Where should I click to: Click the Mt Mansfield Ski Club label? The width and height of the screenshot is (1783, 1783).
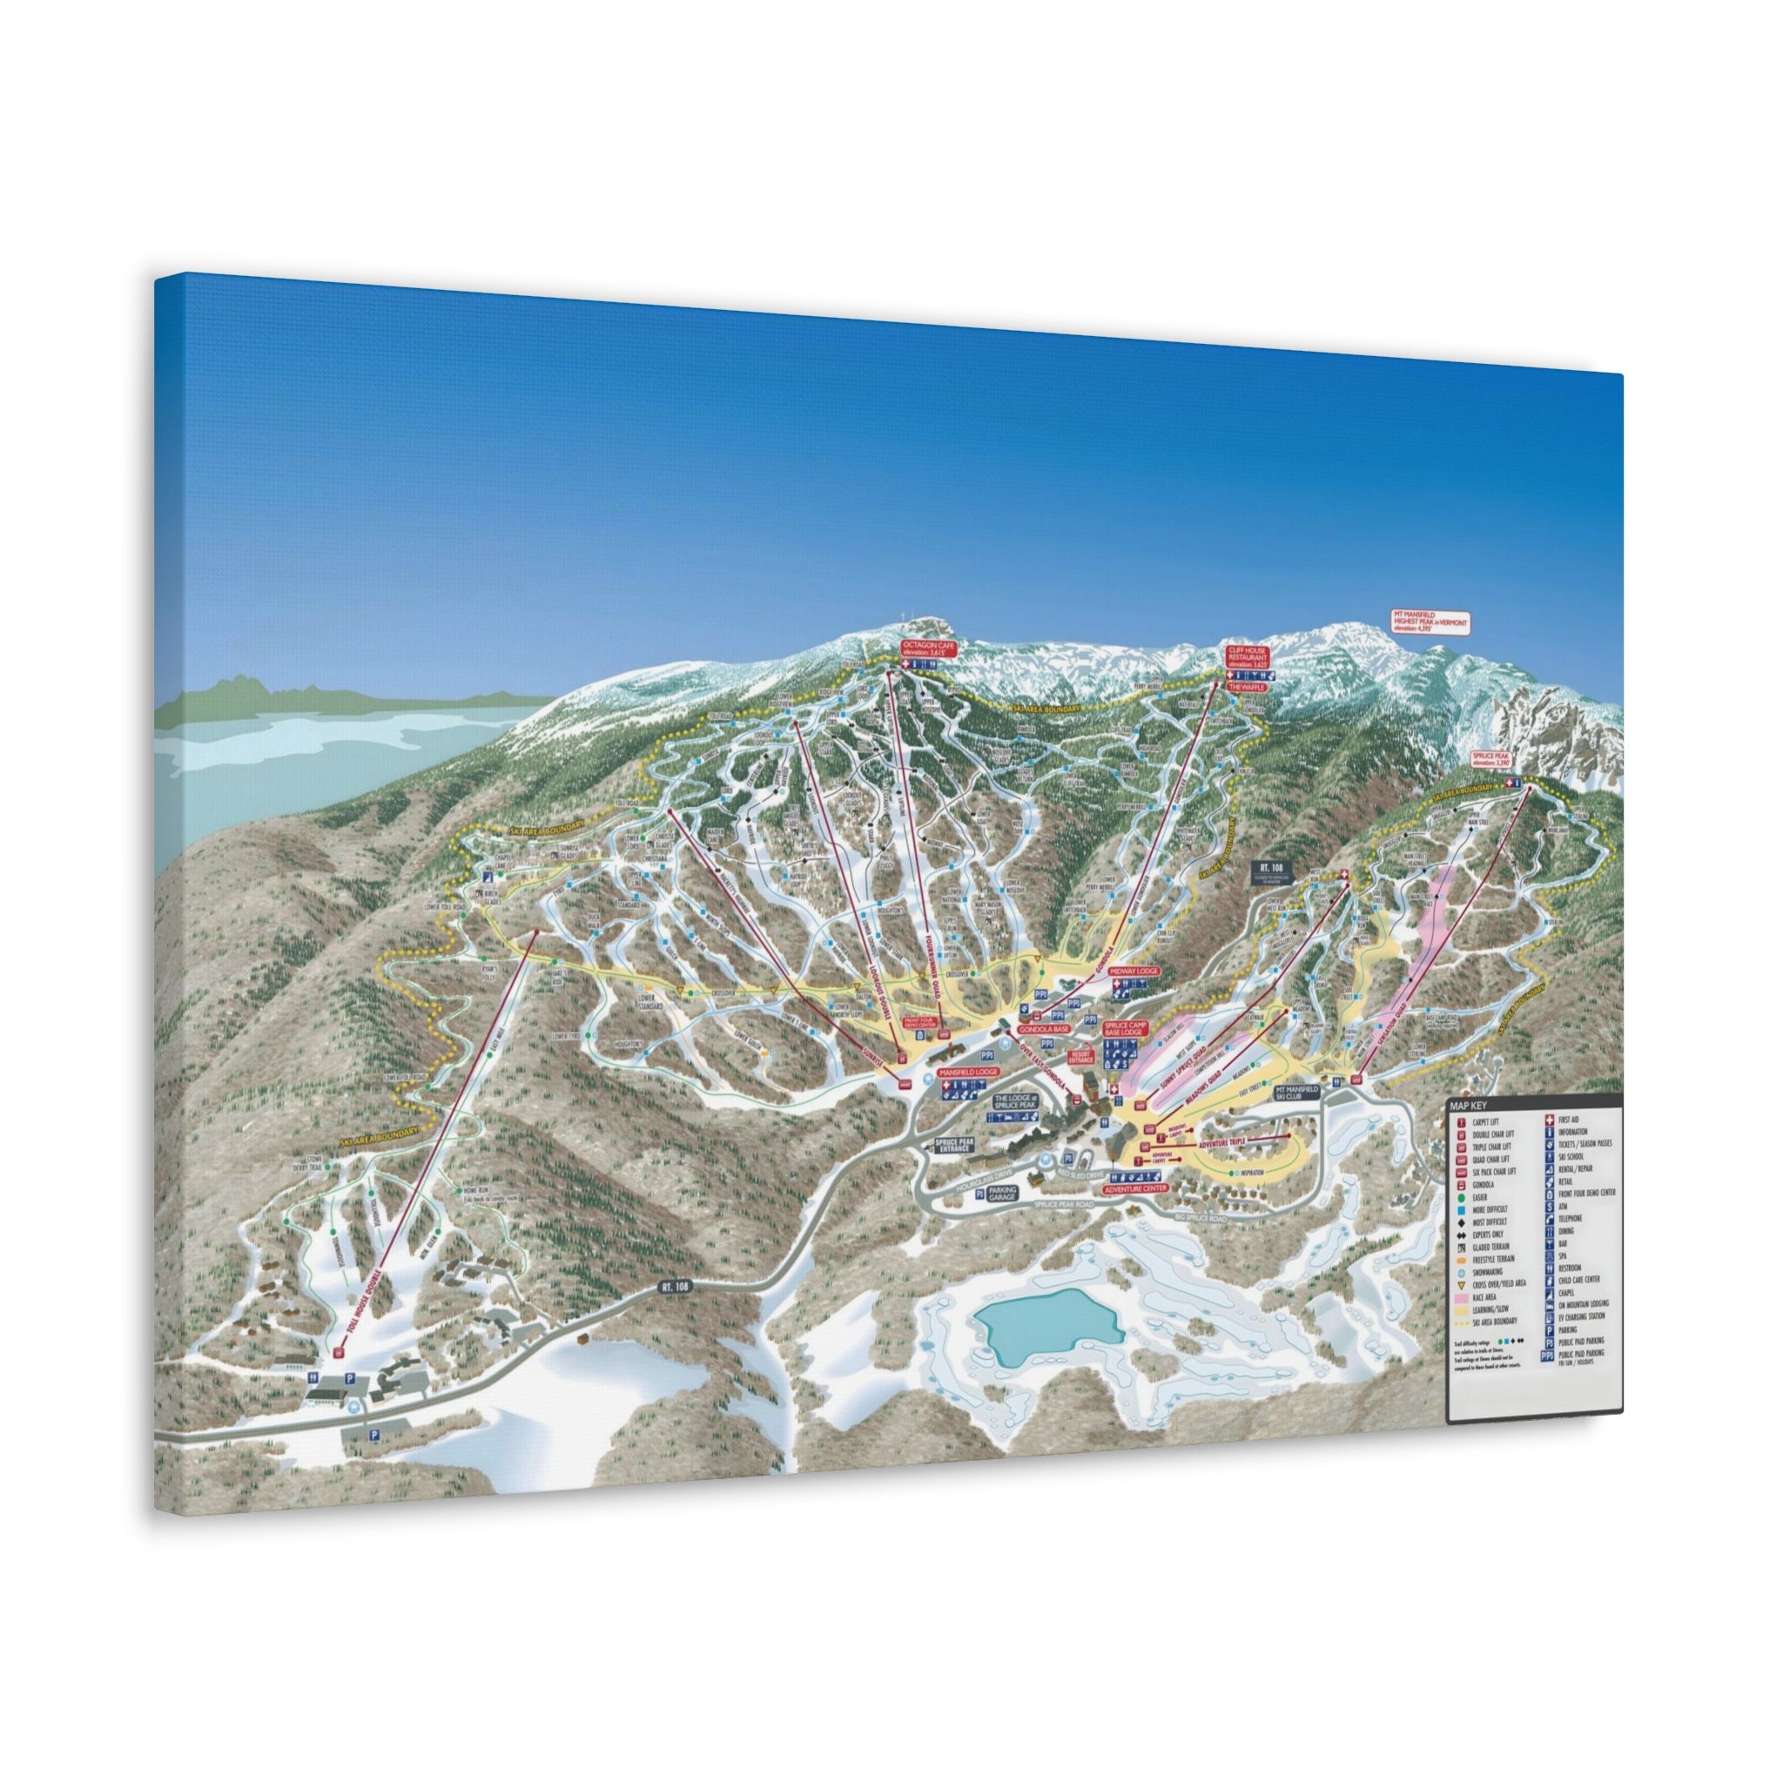click(x=1296, y=1093)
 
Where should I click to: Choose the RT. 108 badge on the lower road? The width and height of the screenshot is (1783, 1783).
click(x=675, y=1286)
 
